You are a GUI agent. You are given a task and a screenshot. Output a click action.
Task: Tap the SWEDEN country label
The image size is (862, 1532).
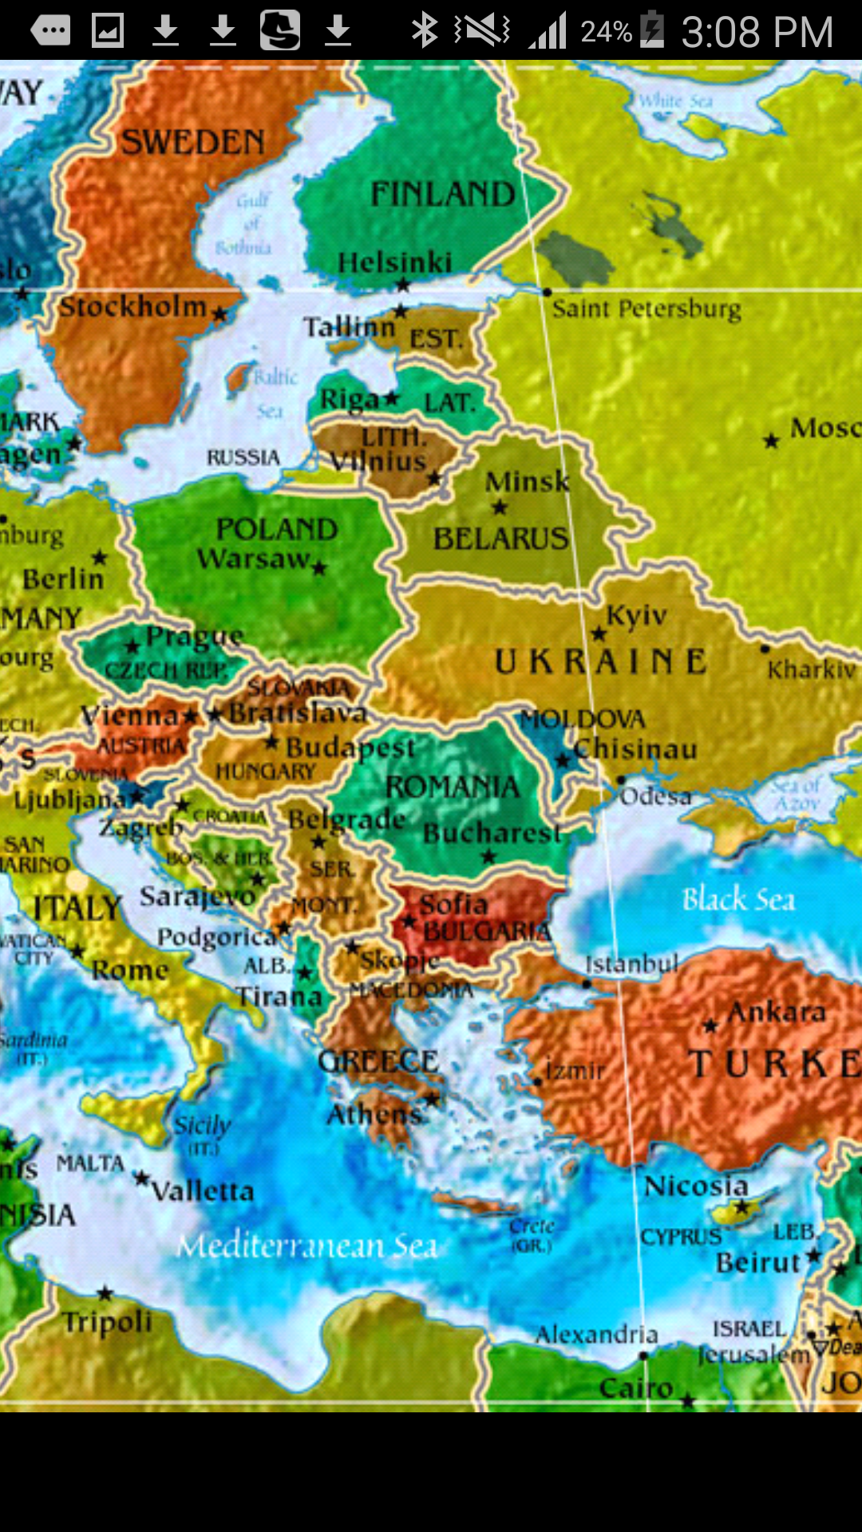[x=192, y=143]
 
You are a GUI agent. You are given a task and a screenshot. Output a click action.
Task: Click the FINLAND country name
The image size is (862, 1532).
[x=443, y=194]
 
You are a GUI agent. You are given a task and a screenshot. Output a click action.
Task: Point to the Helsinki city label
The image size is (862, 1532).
[x=394, y=263]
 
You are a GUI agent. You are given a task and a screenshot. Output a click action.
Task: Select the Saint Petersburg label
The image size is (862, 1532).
[x=646, y=309]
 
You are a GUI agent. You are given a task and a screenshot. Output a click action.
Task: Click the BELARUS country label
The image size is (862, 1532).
[x=500, y=539]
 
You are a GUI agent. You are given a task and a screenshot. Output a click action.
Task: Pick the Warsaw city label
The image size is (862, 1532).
[x=254, y=559]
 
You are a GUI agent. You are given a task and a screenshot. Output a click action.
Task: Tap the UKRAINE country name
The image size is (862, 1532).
[x=600, y=661]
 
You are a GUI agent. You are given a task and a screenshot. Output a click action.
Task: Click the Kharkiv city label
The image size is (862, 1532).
[x=811, y=669]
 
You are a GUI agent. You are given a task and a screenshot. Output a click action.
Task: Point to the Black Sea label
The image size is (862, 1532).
[x=738, y=899]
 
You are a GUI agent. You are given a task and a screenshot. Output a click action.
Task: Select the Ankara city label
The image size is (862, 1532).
[x=776, y=1012]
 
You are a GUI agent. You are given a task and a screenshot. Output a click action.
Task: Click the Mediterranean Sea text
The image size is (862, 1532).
[x=307, y=1246]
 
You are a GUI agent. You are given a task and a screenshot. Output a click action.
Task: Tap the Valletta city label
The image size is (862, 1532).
[x=203, y=1191]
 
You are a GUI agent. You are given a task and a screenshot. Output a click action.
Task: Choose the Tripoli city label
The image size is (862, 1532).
[x=108, y=1322]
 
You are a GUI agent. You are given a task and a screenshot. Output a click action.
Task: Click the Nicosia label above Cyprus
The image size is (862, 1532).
[x=696, y=1187]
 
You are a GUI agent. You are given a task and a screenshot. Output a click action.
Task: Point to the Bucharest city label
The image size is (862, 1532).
[x=492, y=833]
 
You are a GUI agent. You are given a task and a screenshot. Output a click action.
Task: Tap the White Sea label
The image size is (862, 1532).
[x=675, y=101]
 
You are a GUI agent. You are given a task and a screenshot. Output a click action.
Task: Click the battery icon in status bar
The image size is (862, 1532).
[x=652, y=30]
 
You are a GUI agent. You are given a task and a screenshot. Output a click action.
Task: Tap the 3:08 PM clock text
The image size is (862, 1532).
[x=757, y=32]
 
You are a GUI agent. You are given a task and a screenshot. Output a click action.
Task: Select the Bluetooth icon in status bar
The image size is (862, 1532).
[x=424, y=30]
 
